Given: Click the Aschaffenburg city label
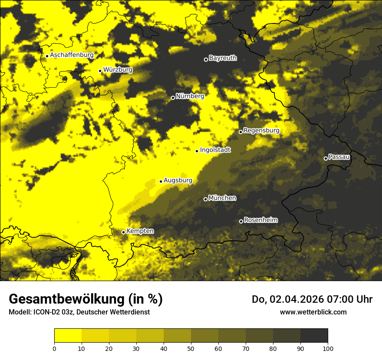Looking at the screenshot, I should pos(72,55).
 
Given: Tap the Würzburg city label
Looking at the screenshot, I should pos(118,70).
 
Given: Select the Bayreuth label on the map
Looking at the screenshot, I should pos(223,58).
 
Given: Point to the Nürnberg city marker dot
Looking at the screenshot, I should pos(173,98).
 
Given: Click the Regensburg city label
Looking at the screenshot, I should pos(261,131).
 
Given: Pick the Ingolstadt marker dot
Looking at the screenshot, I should pos(197,151).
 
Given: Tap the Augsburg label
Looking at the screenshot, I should pos(178,180).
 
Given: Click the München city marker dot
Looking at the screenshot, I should pos(205,199).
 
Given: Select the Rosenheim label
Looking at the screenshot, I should pos(261,220).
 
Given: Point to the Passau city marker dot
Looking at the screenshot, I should pos(326,158).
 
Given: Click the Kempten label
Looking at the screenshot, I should pos(140,231).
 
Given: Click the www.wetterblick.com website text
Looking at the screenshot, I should pos(313,312).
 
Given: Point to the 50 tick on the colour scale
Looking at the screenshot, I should pos(191,348).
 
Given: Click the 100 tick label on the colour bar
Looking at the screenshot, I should pos(328,348).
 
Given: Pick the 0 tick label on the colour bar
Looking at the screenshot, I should pos(54,348).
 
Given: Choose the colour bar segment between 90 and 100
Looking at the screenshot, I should pos(314,335).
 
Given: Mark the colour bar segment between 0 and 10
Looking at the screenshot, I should pos(68,335).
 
